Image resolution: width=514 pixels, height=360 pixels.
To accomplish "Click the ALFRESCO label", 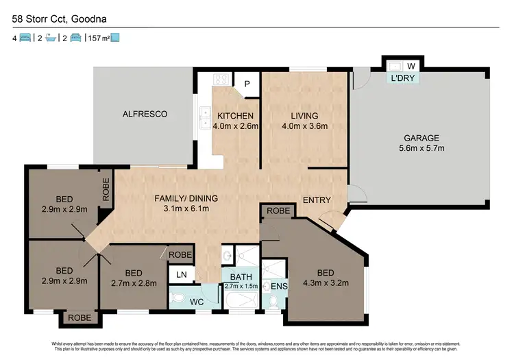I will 145,114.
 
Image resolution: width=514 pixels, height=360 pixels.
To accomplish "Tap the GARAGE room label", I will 420,137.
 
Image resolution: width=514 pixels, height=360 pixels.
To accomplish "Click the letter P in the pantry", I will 247,84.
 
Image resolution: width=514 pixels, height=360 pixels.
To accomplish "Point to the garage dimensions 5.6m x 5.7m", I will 420,148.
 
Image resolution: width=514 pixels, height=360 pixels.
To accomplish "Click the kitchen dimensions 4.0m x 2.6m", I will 236,126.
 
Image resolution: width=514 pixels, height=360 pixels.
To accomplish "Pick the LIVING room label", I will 304,115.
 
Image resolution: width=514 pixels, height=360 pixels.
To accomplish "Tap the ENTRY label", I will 317,200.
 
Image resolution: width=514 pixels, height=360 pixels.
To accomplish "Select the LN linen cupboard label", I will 181,275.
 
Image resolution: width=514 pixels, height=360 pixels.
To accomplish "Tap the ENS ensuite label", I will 278,286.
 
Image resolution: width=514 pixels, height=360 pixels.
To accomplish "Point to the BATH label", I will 240,277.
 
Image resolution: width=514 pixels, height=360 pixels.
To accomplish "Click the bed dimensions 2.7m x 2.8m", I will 134,282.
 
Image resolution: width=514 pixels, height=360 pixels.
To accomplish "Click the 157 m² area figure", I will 97,38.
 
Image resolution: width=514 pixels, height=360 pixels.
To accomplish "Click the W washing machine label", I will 412,66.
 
